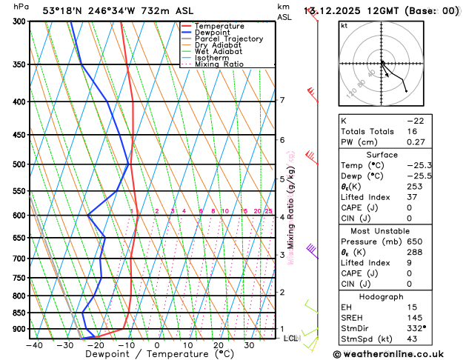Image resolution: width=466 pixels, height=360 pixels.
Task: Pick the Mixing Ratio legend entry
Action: pos(219,64)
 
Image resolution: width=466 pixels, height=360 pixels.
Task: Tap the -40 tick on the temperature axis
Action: pos(33,345)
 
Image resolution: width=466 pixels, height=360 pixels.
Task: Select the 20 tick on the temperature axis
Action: pos(219,345)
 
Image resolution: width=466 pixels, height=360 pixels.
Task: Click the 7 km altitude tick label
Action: pos(282,100)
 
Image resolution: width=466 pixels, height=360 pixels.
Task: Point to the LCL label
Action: pos(290,339)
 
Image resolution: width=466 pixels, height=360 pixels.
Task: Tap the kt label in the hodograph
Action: pos(344,26)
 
